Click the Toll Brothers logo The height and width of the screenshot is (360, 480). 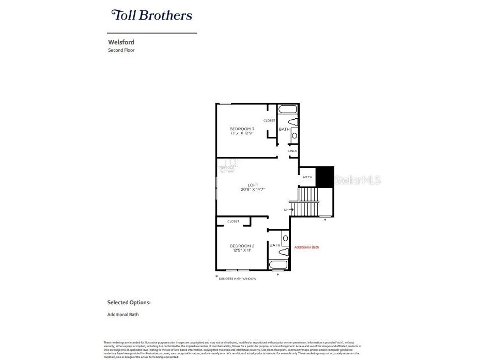[x=152, y=15]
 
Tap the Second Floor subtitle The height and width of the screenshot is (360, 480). [x=121, y=50]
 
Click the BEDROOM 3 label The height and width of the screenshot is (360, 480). [x=242, y=129]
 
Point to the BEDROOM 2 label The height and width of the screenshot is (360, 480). [x=242, y=246]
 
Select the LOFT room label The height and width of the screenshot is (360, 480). [x=253, y=185]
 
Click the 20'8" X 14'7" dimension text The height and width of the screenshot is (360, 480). [x=253, y=190]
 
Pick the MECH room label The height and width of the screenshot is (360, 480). [x=307, y=177]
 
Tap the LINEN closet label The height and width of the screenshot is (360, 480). [x=293, y=151]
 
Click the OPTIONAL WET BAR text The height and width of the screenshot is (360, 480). [x=227, y=169]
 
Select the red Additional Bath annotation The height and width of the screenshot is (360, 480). [x=306, y=247]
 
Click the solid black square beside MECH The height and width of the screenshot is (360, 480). [x=325, y=177]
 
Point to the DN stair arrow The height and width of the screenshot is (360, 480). [x=289, y=210]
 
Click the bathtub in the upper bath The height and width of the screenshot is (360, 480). [x=288, y=109]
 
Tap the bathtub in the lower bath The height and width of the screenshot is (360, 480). [x=278, y=265]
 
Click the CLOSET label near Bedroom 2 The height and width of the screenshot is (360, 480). [x=233, y=221]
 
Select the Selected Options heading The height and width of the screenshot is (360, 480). [x=129, y=303]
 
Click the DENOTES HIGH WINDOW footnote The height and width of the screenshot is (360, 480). [x=237, y=279]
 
